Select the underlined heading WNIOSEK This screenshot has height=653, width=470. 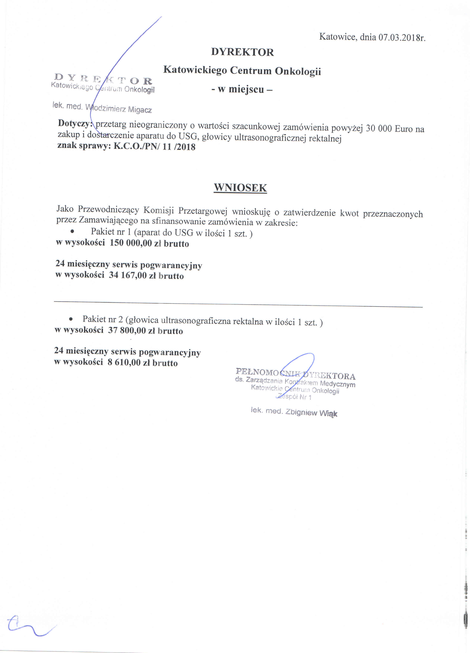pyautogui.click(x=240, y=188)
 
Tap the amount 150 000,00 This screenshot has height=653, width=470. pyautogui.click(x=131, y=243)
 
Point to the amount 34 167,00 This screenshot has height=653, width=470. pyautogui.click(x=128, y=275)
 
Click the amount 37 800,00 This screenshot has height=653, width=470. pyautogui.click(x=127, y=330)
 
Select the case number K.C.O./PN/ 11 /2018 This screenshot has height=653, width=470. pyautogui.click(x=155, y=147)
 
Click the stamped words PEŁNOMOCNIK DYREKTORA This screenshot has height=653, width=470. pyautogui.click(x=295, y=374)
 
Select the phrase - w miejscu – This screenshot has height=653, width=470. pyautogui.click(x=242, y=89)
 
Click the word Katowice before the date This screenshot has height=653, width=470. pyautogui.click(x=338, y=37)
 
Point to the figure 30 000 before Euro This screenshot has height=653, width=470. pyautogui.click(x=379, y=128)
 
